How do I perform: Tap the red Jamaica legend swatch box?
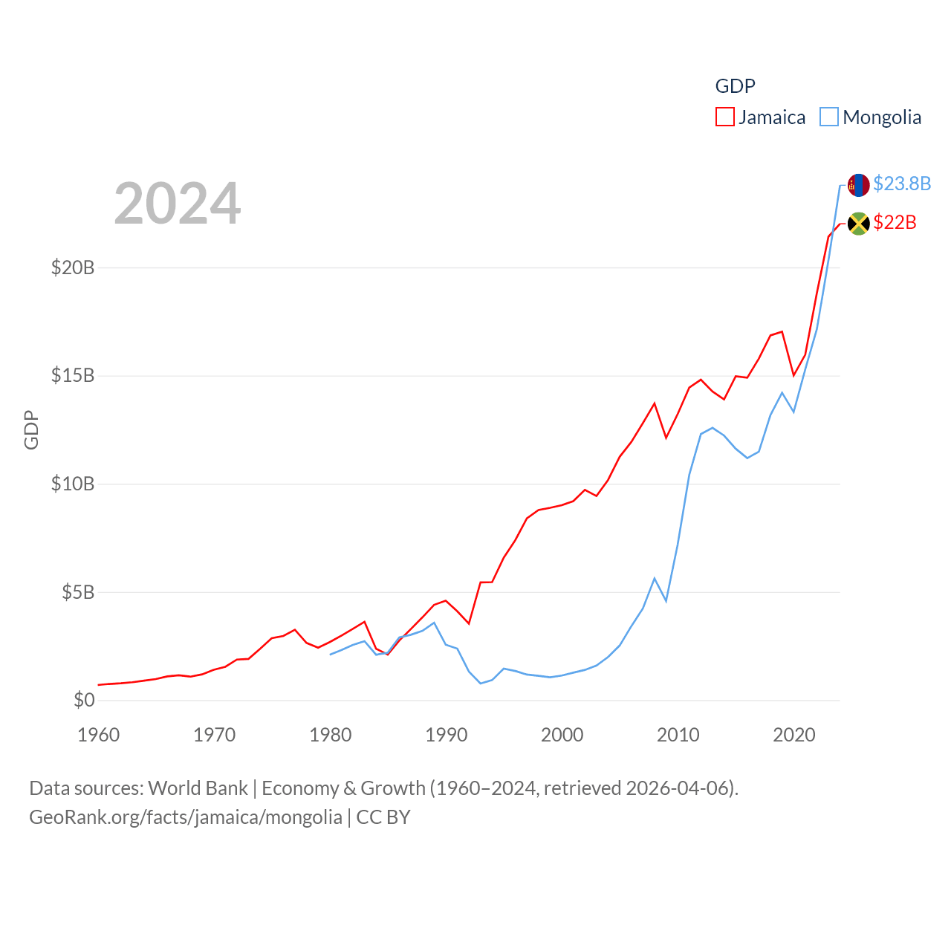(725, 117)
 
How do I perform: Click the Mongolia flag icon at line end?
(859, 185)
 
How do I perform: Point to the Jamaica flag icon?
(859, 224)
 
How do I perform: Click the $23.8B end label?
(902, 184)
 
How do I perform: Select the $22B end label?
(895, 222)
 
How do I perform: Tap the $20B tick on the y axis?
(73, 267)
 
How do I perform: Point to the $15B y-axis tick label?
(73, 375)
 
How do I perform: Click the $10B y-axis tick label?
(73, 484)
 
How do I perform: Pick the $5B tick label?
(78, 592)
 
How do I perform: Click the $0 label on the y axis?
(84, 700)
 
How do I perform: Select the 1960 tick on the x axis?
(99, 735)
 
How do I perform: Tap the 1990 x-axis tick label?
(447, 735)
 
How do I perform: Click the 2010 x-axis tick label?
(678, 735)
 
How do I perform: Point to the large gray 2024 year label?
(178, 203)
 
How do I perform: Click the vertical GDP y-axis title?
(31, 429)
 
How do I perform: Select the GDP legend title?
(735, 86)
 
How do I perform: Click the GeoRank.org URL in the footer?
(186, 817)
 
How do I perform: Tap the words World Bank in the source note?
(198, 788)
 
